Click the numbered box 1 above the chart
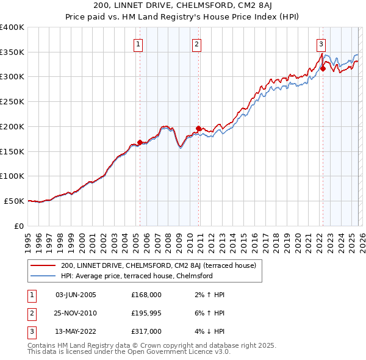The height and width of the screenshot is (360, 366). [x=139, y=43]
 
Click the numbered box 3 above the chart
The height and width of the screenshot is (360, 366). [x=321, y=43]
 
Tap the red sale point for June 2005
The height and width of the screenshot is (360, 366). [x=140, y=142]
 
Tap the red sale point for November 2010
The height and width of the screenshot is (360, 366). [x=199, y=128]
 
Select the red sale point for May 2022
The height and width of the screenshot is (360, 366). [x=323, y=68]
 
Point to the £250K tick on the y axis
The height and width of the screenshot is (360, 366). [x=12, y=101]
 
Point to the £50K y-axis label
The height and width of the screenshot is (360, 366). [x=15, y=201]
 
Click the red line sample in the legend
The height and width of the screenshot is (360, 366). [x=43, y=265]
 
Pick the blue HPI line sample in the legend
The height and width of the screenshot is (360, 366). [x=43, y=276]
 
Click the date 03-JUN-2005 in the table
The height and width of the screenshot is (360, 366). [x=76, y=295]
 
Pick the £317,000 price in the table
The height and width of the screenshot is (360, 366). [x=146, y=331]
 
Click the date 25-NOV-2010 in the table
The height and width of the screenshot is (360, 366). [x=76, y=313]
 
